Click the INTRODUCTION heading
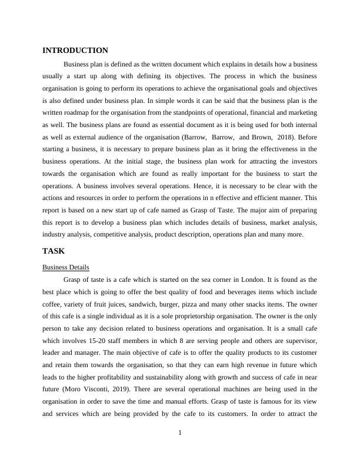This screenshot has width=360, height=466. pos(75,51)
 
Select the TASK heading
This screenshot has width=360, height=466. pos(54,251)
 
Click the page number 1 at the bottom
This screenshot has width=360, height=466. pos(180,434)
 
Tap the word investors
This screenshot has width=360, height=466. pos(302,162)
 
